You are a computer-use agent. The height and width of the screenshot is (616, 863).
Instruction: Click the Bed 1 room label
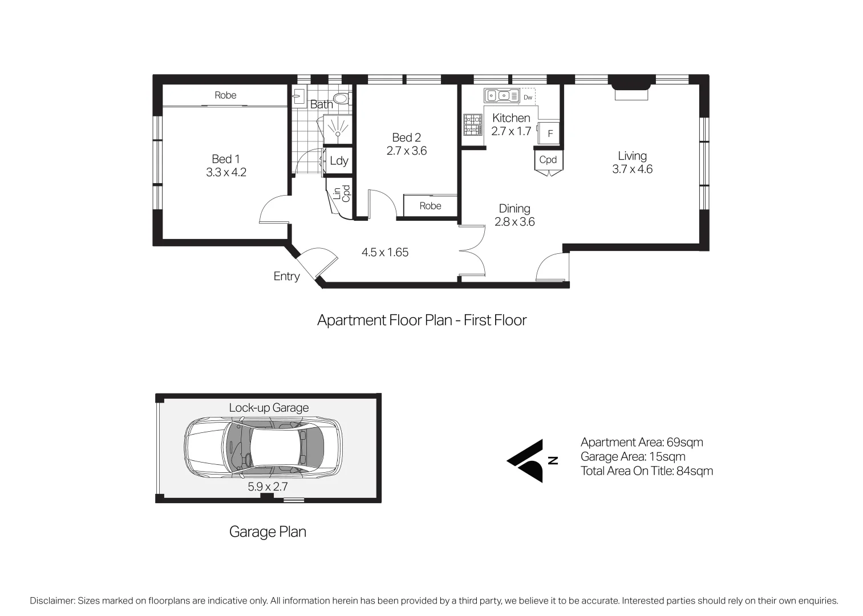226,159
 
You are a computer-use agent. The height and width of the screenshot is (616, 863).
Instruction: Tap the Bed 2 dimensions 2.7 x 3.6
406,151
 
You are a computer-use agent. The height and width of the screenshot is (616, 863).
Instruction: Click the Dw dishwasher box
528,97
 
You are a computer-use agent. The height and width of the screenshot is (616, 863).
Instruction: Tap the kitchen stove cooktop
472,124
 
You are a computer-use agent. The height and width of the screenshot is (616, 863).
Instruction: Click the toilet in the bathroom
341,99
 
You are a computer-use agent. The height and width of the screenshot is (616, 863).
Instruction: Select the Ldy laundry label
339,161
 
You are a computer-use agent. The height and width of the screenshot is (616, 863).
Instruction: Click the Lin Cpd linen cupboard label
342,193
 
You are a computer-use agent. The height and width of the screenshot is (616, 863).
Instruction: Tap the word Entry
286,277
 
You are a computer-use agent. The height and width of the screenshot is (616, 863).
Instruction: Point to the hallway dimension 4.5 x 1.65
385,253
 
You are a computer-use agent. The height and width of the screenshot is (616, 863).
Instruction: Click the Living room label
632,156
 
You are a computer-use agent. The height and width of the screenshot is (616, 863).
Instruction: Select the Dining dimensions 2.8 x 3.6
514,222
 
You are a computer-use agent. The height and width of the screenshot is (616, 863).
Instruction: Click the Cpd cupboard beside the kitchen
548,160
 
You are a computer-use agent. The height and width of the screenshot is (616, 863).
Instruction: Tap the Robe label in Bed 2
430,206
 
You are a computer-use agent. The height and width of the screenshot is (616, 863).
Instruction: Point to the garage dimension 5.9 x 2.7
268,487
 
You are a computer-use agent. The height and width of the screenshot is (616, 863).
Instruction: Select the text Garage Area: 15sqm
633,457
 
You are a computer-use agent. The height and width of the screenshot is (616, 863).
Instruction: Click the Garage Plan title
268,532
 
